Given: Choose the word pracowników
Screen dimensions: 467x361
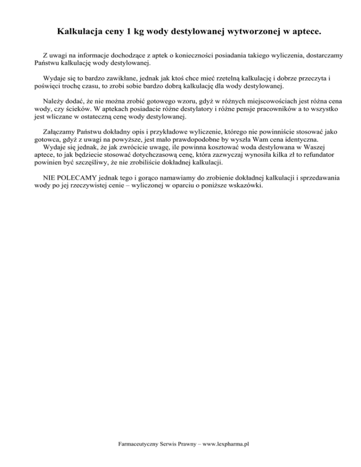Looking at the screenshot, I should pos(270,109).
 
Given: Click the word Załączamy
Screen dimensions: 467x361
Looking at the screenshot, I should pos(59,132).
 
